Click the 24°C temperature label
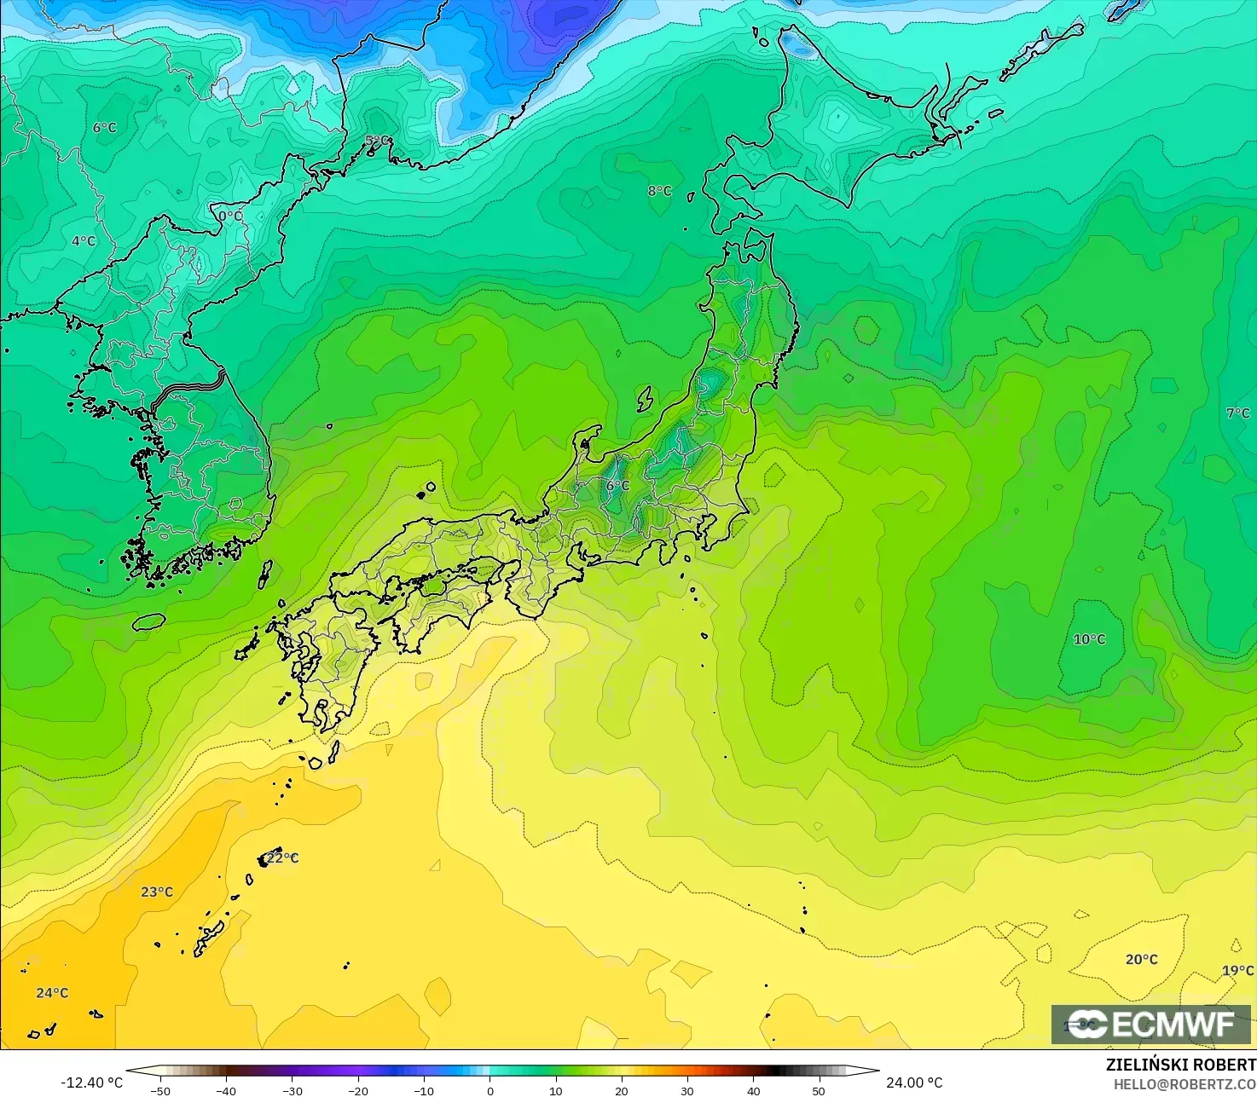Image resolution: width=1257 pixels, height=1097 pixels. (52, 993)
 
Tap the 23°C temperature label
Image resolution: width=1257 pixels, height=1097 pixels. (157, 892)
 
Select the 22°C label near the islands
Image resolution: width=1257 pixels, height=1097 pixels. (282, 858)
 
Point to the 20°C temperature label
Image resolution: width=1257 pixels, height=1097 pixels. (1141, 960)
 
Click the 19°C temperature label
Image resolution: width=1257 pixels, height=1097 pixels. (1237, 971)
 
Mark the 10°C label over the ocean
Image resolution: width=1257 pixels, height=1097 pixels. (1089, 639)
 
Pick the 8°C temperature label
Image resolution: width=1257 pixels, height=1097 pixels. (659, 191)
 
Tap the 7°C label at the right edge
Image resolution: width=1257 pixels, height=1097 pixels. (1237, 413)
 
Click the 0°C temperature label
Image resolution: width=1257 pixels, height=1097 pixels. (230, 217)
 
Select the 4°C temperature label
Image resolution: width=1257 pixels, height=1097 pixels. (84, 241)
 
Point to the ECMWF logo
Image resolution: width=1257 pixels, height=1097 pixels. (1150, 1025)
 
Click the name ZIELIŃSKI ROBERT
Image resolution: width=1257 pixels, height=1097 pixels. (1180, 1065)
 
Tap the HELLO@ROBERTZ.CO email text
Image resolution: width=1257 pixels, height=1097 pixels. (1185, 1083)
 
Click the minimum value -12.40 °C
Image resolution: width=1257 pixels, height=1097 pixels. (91, 1083)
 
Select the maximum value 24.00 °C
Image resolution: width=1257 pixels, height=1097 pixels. (914, 1083)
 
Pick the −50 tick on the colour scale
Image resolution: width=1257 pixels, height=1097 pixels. (159, 1091)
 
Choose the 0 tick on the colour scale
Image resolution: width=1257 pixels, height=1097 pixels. (489, 1091)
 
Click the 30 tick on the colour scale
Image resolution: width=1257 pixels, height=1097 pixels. (687, 1091)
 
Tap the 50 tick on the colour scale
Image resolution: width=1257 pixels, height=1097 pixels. (819, 1091)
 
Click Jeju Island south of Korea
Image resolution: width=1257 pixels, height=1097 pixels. (148, 622)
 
